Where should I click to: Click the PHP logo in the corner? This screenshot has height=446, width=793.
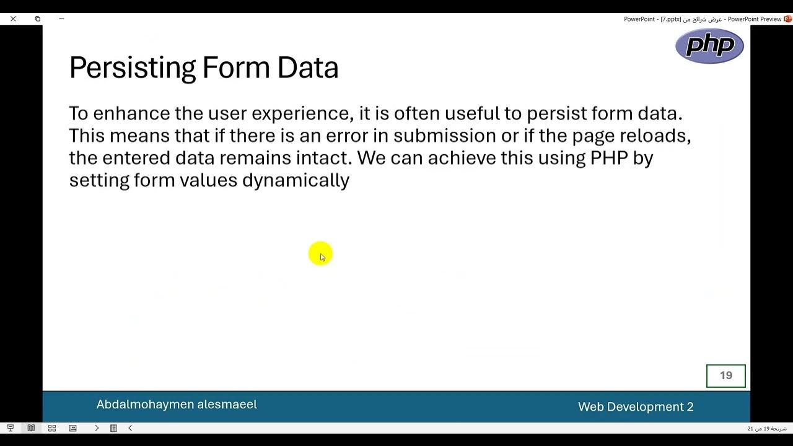pos(709,46)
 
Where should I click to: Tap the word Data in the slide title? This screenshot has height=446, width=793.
pos(307,68)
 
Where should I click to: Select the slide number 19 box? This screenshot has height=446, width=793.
pos(725,375)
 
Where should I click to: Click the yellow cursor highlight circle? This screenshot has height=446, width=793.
pos(320,254)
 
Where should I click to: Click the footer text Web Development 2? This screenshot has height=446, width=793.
pos(636,407)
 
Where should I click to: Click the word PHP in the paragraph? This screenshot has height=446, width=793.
pos(609,158)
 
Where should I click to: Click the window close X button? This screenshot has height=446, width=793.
pos(13,19)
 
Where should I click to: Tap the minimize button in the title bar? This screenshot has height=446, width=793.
pos(61,19)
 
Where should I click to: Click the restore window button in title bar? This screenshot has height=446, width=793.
pos(37,19)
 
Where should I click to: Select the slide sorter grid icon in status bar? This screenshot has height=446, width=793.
pos(52,428)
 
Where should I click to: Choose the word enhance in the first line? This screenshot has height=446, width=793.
pos(131,114)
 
